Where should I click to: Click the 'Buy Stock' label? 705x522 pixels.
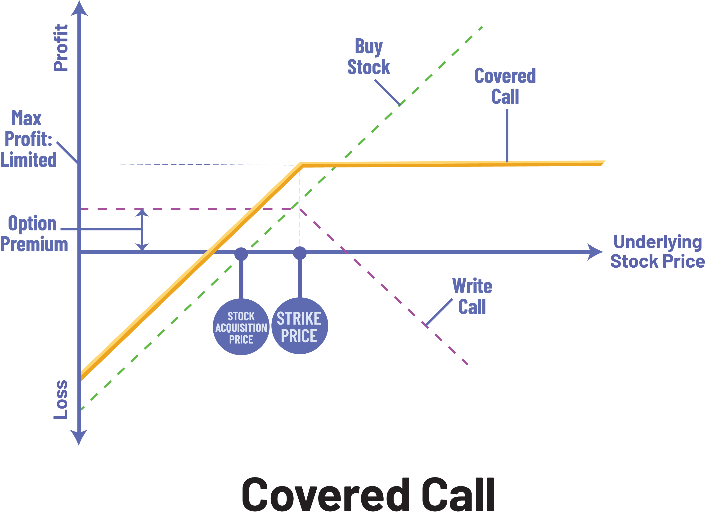pyautogui.click(x=369, y=57)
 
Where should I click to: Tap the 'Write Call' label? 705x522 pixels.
pyautogui.click(x=472, y=296)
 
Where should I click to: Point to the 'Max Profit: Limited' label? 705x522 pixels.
pyautogui.click(x=28, y=139)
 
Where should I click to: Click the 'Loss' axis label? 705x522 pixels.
pyautogui.click(x=61, y=400)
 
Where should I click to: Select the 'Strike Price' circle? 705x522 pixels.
pyautogui.click(x=299, y=326)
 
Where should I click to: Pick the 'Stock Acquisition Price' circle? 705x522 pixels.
pyautogui.click(x=241, y=327)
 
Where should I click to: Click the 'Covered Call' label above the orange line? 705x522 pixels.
pyautogui.click(x=505, y=86)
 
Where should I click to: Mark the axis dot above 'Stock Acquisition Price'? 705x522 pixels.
pyautogui.click(x=241, y=254)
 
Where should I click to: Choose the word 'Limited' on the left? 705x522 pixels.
pyautogui.click(x=29, y=160)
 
